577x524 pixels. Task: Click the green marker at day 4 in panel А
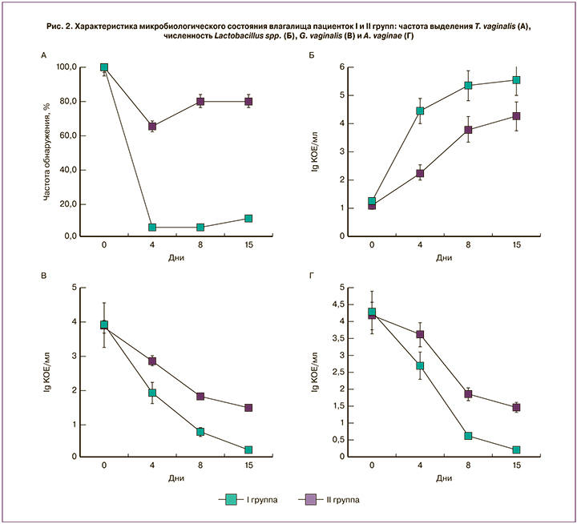pos(151,228)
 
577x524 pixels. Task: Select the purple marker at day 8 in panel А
pos(200,102)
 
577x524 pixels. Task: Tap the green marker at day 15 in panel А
pos(248,218)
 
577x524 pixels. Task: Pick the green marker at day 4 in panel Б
pos(420,111)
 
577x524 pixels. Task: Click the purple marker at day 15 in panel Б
pos(517,116)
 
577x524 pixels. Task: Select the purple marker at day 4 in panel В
pos(151,361)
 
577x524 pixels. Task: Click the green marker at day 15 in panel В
pos(248,450)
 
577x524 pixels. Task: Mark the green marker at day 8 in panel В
pos(200,432)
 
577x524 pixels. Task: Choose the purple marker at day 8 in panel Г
pos(468,394)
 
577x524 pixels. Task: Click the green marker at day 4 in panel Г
pos(420,365)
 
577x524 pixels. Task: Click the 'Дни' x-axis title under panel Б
pos(444,257)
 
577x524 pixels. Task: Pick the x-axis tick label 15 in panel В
pos(248,466)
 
